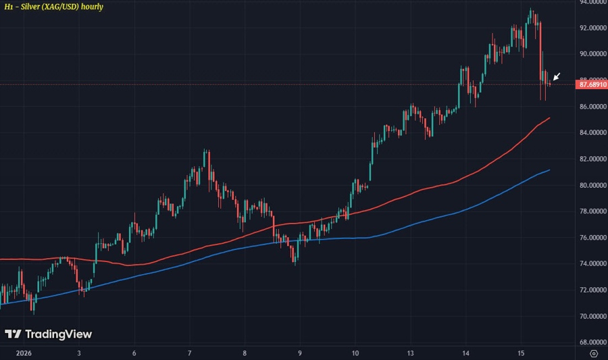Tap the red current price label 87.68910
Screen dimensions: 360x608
coord(591,84)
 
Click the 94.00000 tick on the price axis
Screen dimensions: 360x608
coord(591,2)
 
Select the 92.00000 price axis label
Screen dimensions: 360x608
coord(591,28)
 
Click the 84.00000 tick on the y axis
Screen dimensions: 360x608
coord(591,133)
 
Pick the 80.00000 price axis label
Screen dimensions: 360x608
coord(591,185)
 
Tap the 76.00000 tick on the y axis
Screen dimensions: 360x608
coord(591,238)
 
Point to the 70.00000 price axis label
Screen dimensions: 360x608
coord(591,316)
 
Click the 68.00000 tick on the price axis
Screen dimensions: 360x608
coord(591,342)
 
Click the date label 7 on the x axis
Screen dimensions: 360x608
coord(190,353)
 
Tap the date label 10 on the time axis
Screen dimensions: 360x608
coord(355,353)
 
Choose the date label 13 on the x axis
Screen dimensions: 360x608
coord(410,353)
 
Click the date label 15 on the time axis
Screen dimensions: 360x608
coord(521,353)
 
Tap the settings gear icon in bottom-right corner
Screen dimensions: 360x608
coord(592,353)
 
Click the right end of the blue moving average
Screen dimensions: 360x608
coord(549,170)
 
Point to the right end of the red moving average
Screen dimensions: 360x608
coord(549,118)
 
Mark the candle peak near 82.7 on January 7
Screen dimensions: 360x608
coord(205,150)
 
